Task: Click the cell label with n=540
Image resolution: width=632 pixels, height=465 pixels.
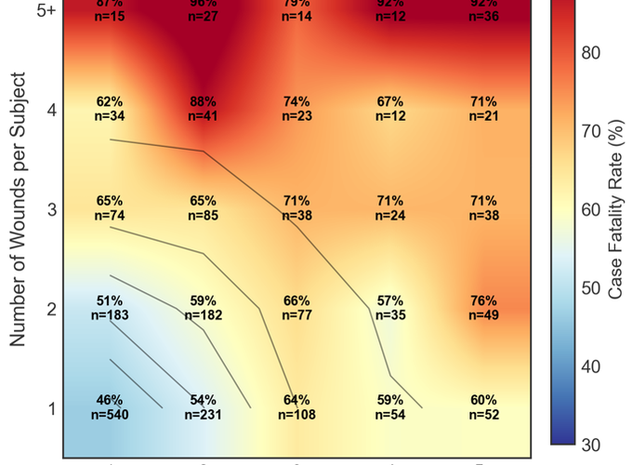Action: (110, 407)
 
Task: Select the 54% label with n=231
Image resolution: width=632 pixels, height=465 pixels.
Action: (204, 407)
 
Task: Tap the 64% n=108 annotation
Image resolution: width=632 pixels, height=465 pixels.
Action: (296, 407)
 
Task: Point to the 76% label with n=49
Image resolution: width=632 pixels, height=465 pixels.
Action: (483, 308)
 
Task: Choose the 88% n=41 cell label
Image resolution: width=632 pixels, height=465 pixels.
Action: (204, 109)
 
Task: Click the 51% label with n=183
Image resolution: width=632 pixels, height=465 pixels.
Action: (110, 308)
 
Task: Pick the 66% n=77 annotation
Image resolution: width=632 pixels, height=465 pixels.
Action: (296, 308)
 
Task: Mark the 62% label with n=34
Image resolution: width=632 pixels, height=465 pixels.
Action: (110, 109)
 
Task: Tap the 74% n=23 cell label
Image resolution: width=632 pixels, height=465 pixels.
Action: (296, 109)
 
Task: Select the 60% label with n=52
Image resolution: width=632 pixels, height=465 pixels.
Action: (483, 407)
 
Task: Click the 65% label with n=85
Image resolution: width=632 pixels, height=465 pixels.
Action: (204, 208)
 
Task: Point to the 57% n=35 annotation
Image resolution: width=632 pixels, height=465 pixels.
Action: (390, 308)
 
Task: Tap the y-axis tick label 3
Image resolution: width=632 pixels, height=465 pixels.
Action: (52, 209)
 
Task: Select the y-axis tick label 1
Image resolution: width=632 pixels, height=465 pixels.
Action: (52, 408)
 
